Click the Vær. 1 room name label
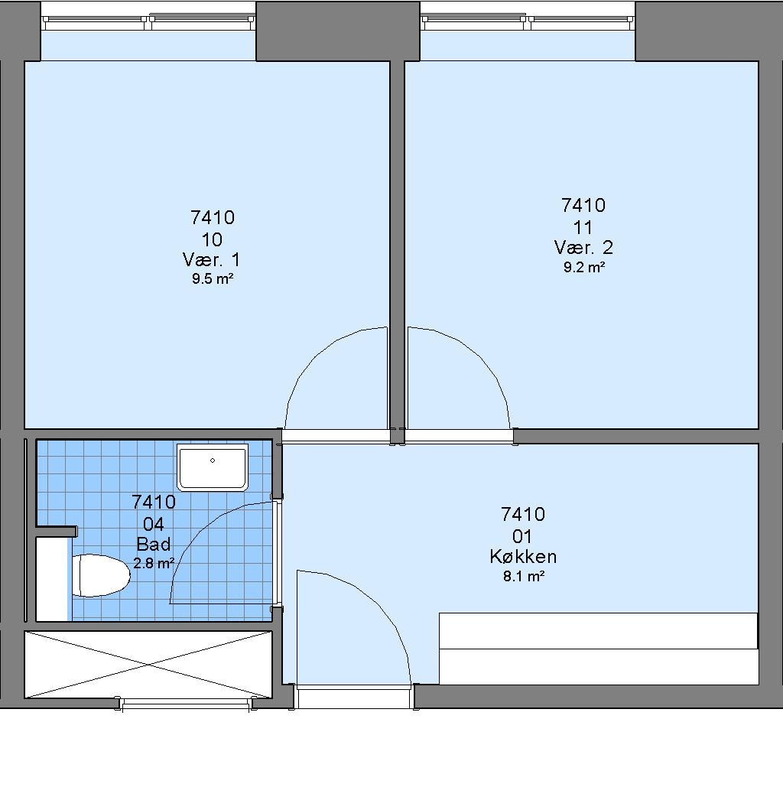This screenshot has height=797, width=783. (211, 260)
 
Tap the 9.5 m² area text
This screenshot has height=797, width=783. (213, 278)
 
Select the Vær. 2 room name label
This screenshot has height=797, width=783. (583, 248)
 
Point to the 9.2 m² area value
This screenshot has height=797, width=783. (584, 266)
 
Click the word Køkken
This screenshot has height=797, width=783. (523, 557)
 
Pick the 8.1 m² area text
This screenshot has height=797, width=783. (524, 576)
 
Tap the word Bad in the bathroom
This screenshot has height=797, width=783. (154, 545)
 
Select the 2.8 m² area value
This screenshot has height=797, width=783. (154, 563)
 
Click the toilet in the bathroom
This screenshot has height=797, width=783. (101, 575)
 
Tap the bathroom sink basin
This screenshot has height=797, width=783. (213, 467)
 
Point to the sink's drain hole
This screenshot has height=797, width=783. (213, 460)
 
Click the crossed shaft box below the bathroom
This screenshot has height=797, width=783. (148, 665)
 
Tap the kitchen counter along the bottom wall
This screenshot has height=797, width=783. (599, 649)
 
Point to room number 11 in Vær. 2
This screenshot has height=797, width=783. (583, 227)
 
